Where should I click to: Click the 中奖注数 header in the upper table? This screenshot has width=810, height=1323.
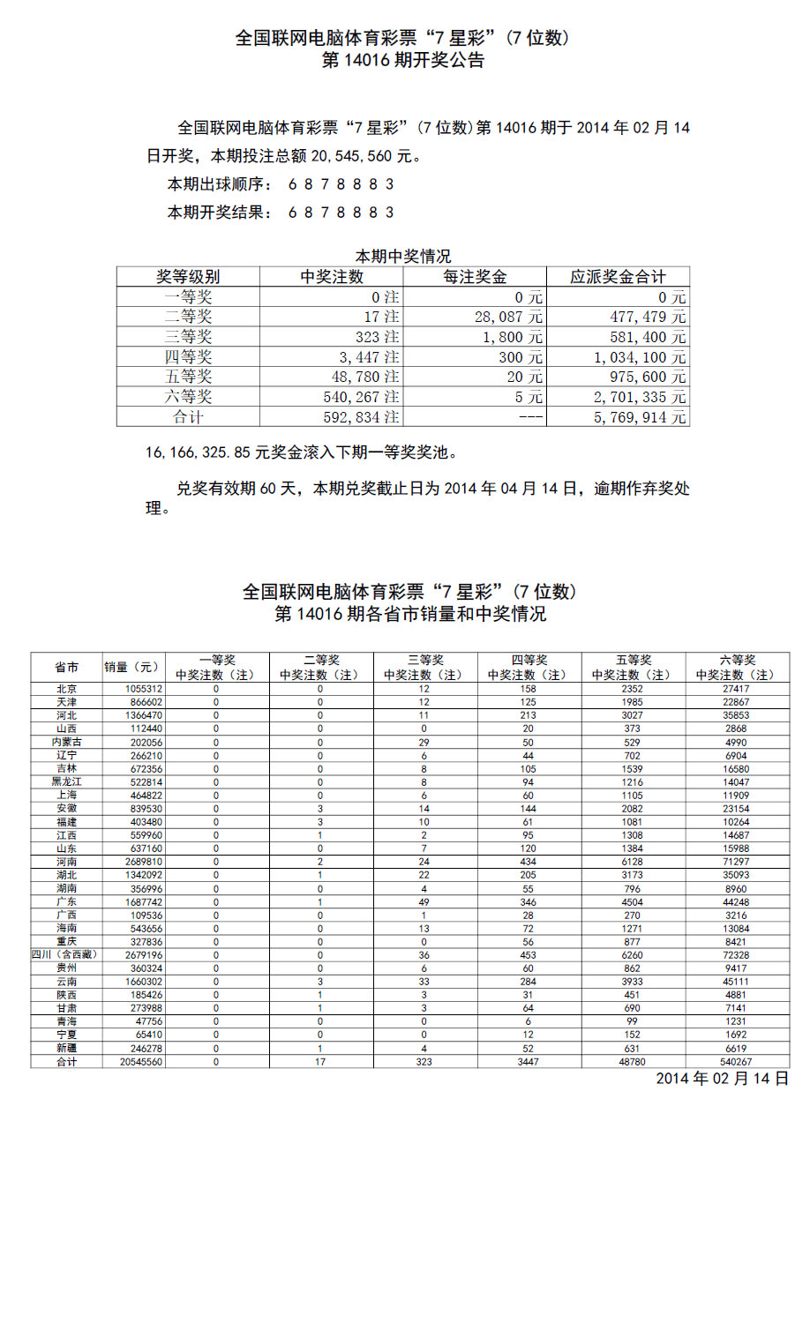tap(332, 277)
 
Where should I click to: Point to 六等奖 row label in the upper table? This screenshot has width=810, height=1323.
tap(188, 397)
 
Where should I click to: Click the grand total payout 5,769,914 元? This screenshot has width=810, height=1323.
tap(639, 417)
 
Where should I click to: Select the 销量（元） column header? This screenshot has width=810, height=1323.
tap(132, 667)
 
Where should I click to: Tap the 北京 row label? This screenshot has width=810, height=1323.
tap(67, 689)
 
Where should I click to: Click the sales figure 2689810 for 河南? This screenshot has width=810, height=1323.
tap(144, 862)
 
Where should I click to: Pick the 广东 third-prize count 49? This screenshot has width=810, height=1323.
tap(424, 902)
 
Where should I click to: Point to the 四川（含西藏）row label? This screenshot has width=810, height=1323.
tap(65, 954)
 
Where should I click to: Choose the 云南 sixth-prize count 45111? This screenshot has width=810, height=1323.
tap(736, 982)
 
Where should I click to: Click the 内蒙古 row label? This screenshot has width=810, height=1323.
tap(67, 743)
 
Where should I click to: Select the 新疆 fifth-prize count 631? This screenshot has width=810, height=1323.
tap(632, 1049)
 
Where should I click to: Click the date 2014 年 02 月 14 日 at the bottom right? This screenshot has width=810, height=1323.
tap(722, 1079)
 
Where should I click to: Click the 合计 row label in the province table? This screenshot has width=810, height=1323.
tap(67, 1062)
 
